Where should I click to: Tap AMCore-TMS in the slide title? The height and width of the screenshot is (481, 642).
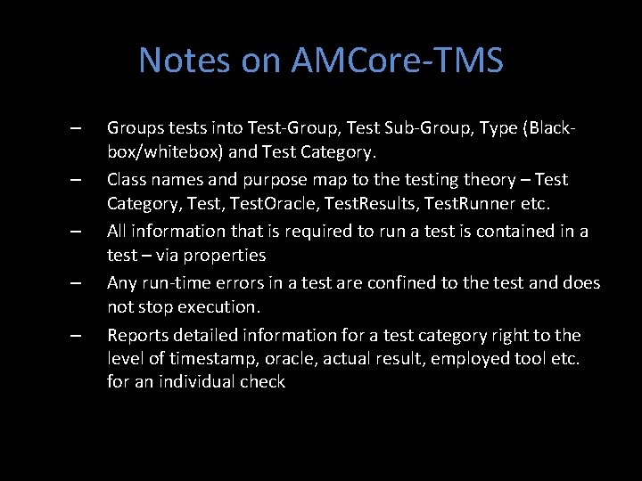coord(397,61)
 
